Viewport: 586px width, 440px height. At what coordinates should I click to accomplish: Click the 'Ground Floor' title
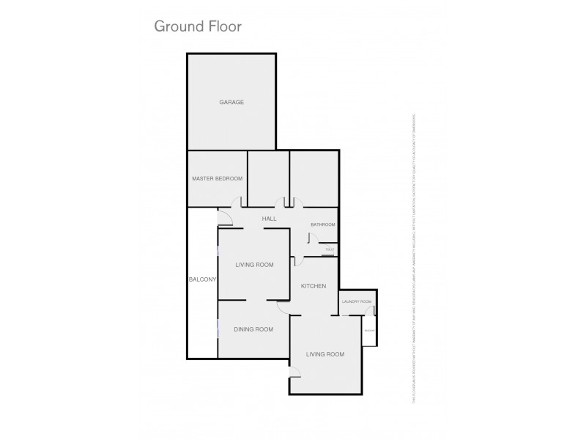click(197, 26)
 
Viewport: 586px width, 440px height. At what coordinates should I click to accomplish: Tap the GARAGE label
click(231, 102)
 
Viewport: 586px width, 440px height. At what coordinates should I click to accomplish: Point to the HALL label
click(269, 219)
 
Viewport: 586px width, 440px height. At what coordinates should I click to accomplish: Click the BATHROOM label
click(322, 224)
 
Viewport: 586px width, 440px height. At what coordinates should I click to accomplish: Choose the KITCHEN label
click(314, 286)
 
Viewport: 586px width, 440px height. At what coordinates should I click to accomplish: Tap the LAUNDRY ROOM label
click(357, 301)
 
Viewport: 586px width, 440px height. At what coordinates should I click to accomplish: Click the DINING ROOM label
click(253, 329)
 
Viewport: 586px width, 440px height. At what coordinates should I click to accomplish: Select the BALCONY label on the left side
click(201, 280)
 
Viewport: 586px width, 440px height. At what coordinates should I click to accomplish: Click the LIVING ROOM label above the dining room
click(254, 265)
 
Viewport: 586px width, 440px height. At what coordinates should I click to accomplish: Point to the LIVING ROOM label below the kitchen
click(324, 355)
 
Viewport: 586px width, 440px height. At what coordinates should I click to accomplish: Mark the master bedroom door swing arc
click(237, 203)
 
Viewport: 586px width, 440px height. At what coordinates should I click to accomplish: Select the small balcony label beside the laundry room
click(370, 330)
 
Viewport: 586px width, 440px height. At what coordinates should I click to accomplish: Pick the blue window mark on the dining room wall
click(218, 328)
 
